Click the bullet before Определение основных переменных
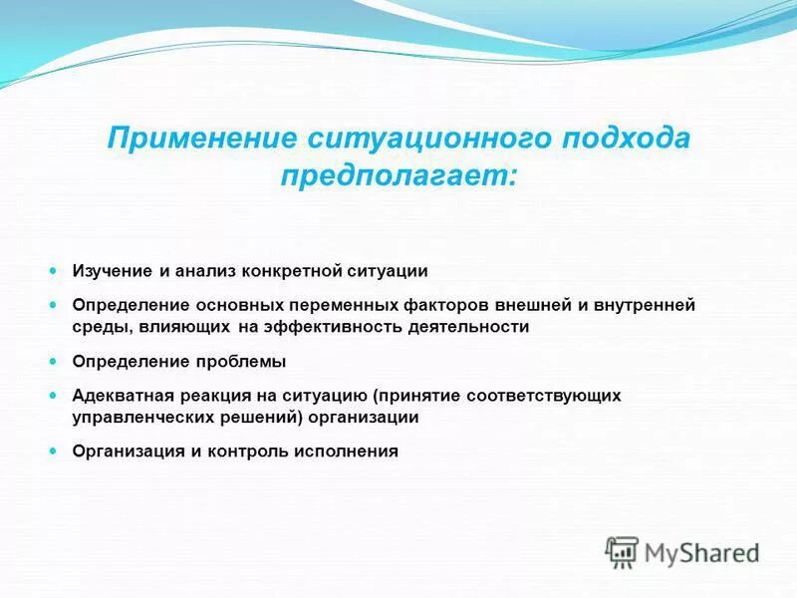[x=55, y=305]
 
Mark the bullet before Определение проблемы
[x=55, y=361]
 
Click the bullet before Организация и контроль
[x=55, y=451]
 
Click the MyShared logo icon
[x=622, y=551]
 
